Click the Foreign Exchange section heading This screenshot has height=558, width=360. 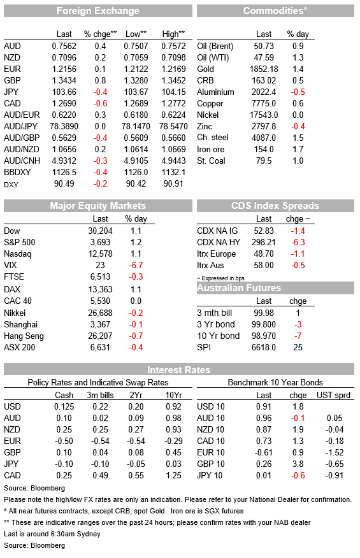pyautogui.click(x=98, y=11)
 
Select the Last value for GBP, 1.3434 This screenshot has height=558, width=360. pyautogui.click(x=64, y=80)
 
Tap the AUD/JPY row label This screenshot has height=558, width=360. pyautogui.click(x=20, y=126)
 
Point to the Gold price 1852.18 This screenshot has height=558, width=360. pyautogui.click(x=264, y=69)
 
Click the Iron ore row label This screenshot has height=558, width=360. pyautogui.click(x=210, y=150)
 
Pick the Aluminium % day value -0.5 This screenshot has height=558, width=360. pyautogui.click(x=298, y=92)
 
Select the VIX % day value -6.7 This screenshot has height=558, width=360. pyautogui.click(x=136, y=265)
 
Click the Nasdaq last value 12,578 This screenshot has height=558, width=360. pyautogui.click(x=101, y=254)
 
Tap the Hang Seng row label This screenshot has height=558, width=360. pyautogui.click(x=24, y=336)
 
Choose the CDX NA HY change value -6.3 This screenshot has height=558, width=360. pyautogui.click(x=298, y=242)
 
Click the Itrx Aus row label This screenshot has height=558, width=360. pyautogui.click(x=210, y=265)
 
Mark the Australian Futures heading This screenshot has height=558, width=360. pyautogui.click(x=239, y=288)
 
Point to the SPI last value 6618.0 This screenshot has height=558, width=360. pyautogui.click(x=264, y=347)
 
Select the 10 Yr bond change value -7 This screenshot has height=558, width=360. pyautogui.click(x=298, y=336)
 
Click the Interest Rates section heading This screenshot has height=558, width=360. pyautogui.click(x=179, y=370)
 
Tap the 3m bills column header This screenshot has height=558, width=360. pyautogui.click(x=101, y=395)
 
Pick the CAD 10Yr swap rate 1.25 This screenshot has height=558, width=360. pyautogui.click(x=173, y=475)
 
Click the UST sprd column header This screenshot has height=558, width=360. pyautogui.click(x=334, y=395)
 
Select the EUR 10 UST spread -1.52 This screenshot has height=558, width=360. pyautogui.click(x=335, y=453)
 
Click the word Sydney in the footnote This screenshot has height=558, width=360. pyautogui.click(x=89, y=534)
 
